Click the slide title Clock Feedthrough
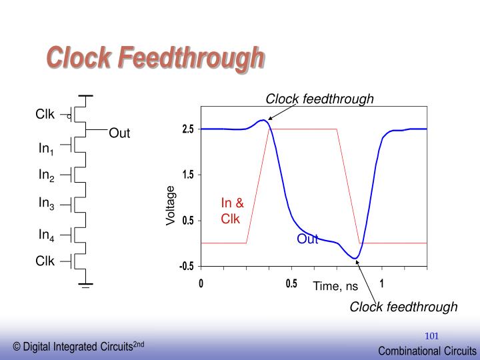coord(155,59)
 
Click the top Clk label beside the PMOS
coord(45,114)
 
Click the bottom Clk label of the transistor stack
coord(45,261)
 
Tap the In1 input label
coord(46,149)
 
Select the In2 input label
coord(46,175)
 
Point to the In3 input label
coord(46,204)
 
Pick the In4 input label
coord(46,235)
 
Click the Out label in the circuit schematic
coord(119,133)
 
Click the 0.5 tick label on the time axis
coord(291,283)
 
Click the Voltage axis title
coord(171,205)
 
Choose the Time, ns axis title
coord(336,286)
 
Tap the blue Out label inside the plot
coord(307,239)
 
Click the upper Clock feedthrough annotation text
coord(320,99)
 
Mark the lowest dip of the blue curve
coord(355,258)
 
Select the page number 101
coord(432,335)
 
